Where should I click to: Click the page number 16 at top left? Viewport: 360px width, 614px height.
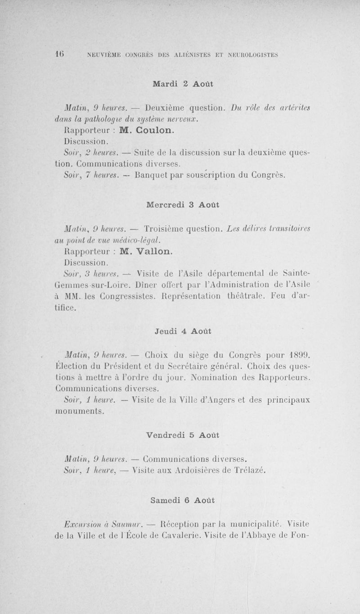click(58, 54)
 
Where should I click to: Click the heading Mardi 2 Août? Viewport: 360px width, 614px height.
click(183, 84)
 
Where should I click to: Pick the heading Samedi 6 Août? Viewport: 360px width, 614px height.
click(183, 500)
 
